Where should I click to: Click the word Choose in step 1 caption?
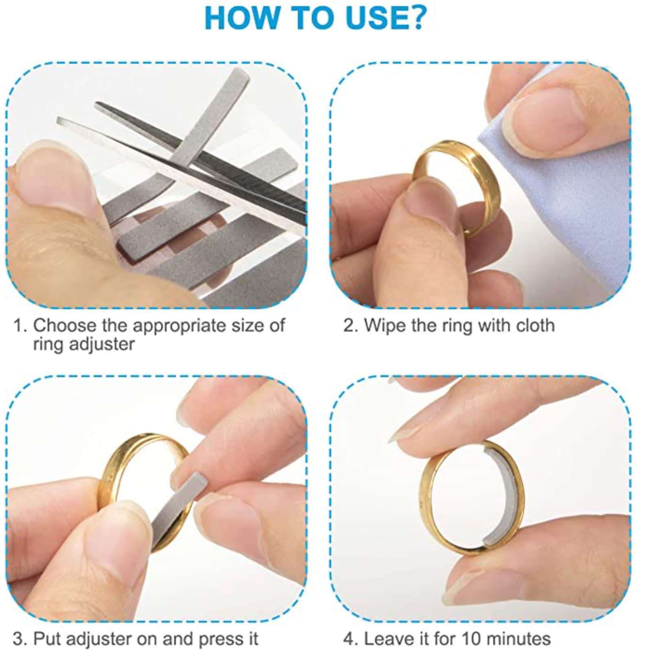(x=65, y=326)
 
